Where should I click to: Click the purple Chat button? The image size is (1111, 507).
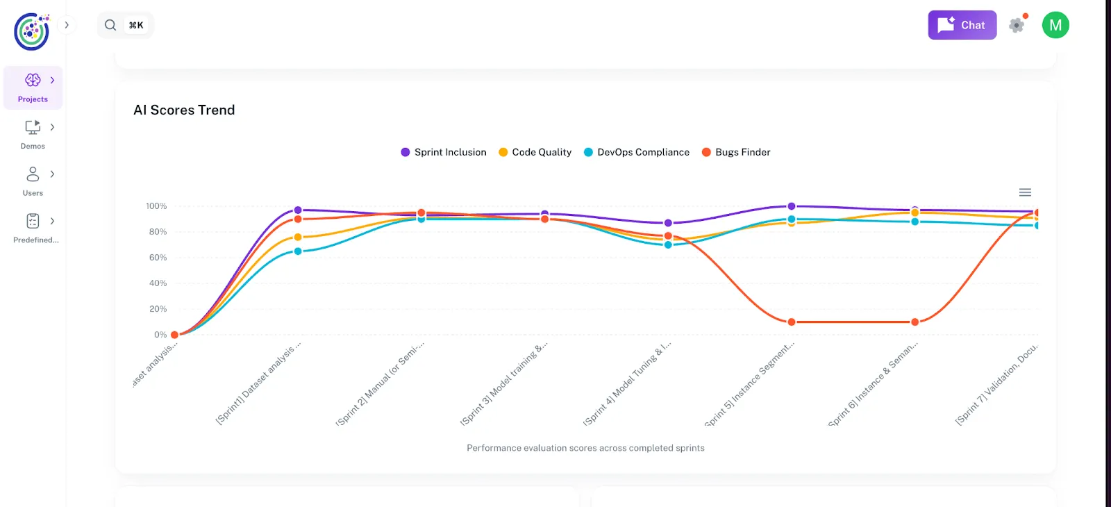click(x=962, y=25)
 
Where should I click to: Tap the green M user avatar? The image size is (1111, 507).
click(x=1055, y=25)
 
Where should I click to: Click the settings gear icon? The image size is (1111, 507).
click(x=1017, y=25)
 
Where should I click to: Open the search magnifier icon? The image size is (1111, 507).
click(x=110, y=25)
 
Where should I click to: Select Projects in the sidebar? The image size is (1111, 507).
click(x=33, y=88)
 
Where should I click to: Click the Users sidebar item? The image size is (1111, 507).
click(x=33, y=181)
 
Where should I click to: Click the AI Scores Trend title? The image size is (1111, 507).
click(x=184, y=110)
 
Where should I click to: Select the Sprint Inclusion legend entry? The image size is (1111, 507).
click(x=444, y=152)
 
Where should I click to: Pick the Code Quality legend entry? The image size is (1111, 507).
click(x=535, y=152)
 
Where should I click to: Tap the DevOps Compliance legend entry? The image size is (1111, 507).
click(x=637, y=152)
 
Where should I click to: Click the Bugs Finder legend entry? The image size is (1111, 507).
click(x=737, y=152)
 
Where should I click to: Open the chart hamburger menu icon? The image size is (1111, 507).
click(x=1025, y=192)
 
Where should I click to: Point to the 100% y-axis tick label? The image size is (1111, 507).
click(x=156, y=206)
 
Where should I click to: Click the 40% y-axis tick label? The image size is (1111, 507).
click(x=158, y=283)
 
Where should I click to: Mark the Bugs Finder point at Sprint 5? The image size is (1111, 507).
click(x=792, y=322)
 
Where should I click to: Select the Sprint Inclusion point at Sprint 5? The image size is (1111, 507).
click(x=792, y=206)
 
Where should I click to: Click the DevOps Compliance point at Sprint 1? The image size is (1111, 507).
click(x=298, y=251)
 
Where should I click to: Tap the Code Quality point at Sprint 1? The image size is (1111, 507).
click(x=298, y=238)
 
